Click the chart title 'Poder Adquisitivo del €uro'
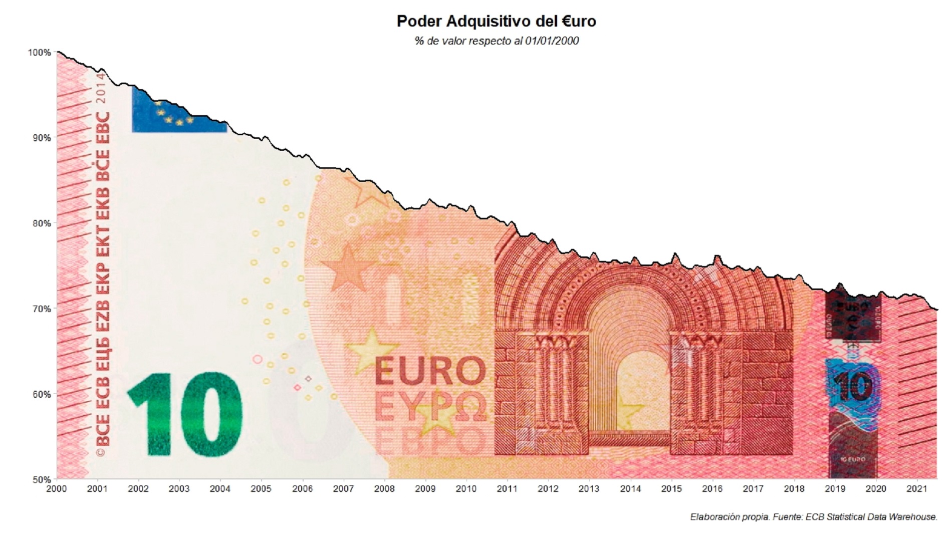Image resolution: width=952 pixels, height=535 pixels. [496, 22]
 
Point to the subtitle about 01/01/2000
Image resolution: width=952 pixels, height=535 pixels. [496, 41]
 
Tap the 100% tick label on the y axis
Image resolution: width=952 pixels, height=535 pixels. [40, 53]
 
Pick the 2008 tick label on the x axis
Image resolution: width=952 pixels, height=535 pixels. [384, 489]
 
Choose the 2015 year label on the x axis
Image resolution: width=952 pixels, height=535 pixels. [671, 489]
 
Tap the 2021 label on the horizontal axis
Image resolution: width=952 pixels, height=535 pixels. [917, 489]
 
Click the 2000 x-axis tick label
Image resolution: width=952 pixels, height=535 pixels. [57, 489]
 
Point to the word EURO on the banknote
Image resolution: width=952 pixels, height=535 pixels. [430, 371]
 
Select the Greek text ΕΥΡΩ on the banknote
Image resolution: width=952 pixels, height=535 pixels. [430, 407]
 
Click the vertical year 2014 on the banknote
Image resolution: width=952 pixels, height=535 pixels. [102, 88]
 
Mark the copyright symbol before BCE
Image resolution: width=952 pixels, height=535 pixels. [101, 452]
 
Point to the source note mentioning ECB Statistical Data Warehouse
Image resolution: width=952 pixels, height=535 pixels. [813, 517]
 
